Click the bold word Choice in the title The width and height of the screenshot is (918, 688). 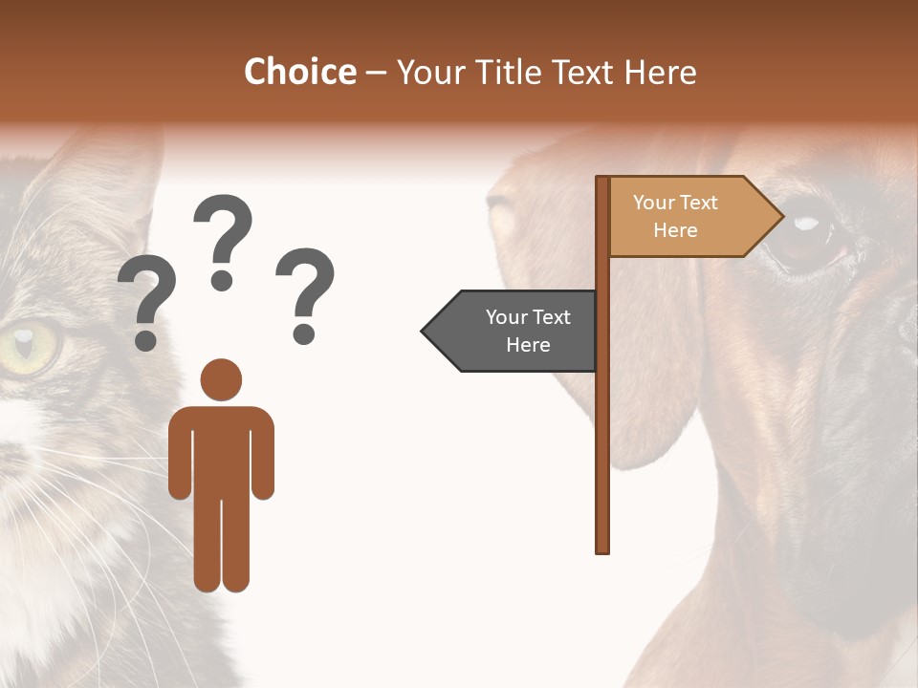pos(299,72)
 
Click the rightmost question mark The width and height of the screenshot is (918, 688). pos(305,294)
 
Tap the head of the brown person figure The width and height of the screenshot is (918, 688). pos(221,380)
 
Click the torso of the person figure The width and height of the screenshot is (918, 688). pos(221,449)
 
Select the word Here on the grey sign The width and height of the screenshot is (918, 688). pos(528,345)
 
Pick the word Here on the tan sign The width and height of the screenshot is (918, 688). pos(675,230)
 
